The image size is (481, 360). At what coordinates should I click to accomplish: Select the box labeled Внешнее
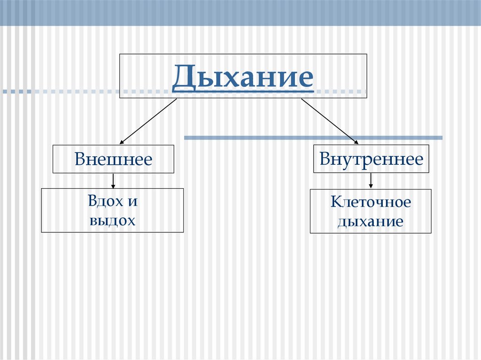click(113, 159)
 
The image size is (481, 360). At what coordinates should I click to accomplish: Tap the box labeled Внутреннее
click(371, 159)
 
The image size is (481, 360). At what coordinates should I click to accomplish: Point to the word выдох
click(112, 220)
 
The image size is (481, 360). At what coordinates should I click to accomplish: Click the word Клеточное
click(371, 202)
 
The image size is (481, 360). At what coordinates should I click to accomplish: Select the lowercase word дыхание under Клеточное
click(371, 221)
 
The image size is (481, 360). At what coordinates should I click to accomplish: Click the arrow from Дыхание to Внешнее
click(148, 121)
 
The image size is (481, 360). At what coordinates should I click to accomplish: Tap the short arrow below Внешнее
click(113, 181)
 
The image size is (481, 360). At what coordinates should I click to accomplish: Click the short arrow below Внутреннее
click(371, 181)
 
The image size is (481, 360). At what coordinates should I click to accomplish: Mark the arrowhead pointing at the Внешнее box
click(122, 141)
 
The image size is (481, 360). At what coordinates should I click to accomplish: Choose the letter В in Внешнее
click(79, 160)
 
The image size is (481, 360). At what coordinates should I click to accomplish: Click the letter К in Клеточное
click(335, 202)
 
